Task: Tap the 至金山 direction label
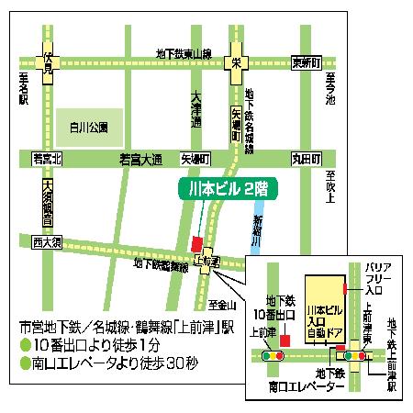coord(221,304)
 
